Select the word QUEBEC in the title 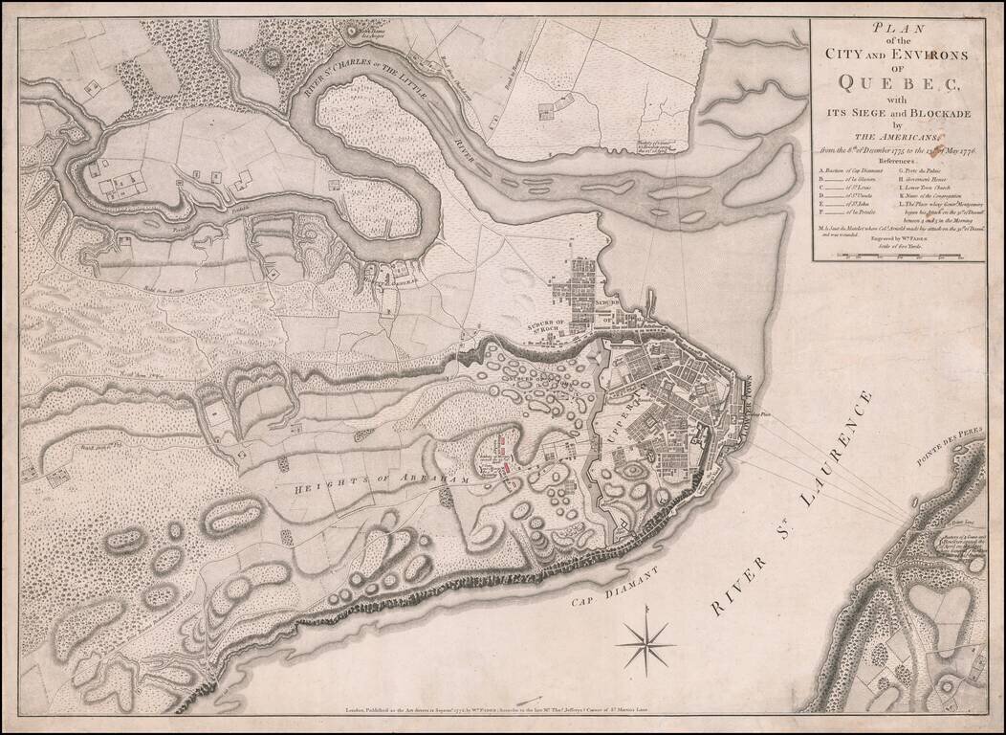pyautogui.click(x=898, y=81)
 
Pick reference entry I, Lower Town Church pyautogui.click(x=933, y=189)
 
